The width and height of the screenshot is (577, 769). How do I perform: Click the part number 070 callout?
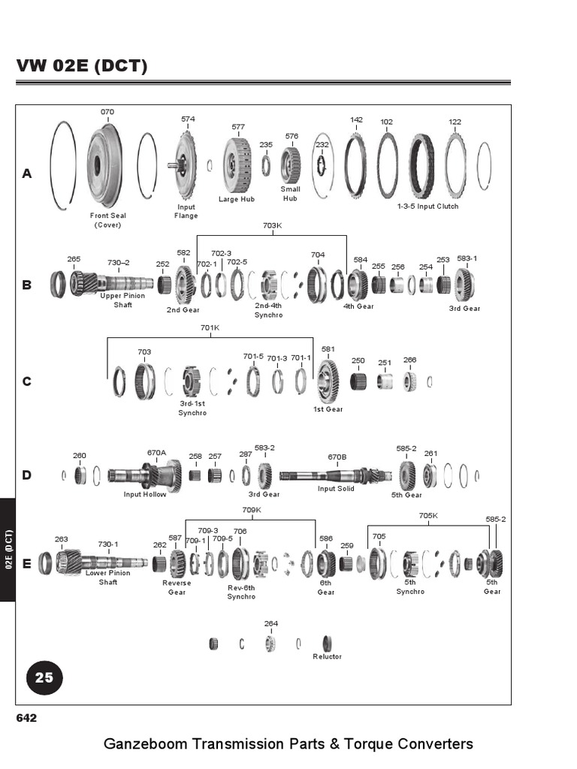[x=107, y=112]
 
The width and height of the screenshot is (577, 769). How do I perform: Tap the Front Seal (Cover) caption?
[x=107, y=220]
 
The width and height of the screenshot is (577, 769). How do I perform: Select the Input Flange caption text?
[x=186, y=211]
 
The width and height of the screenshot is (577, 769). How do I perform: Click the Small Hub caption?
[x=291, y=194]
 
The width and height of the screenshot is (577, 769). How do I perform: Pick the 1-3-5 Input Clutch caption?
[x=427, y=206]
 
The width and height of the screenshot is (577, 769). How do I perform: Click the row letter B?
[x=27, y=285]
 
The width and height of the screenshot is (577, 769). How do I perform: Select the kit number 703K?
[x=272, y=225]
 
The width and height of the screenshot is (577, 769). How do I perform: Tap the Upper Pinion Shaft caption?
[x=122, y=300]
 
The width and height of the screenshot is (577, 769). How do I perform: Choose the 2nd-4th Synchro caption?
[x=268, y=310]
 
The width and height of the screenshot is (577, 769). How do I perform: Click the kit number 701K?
[x=210, y=327]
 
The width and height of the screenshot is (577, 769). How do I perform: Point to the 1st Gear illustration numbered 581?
[x=328, y=380]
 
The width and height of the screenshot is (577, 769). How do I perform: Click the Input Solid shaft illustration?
[x=334, y=475]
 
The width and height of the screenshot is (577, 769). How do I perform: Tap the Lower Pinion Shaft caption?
[x=107, y=577]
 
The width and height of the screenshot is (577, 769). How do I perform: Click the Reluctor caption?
[x=327, y=656]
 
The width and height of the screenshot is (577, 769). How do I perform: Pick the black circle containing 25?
[x=44, y=677]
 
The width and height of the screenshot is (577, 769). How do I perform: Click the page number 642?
[x=26, y=718]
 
